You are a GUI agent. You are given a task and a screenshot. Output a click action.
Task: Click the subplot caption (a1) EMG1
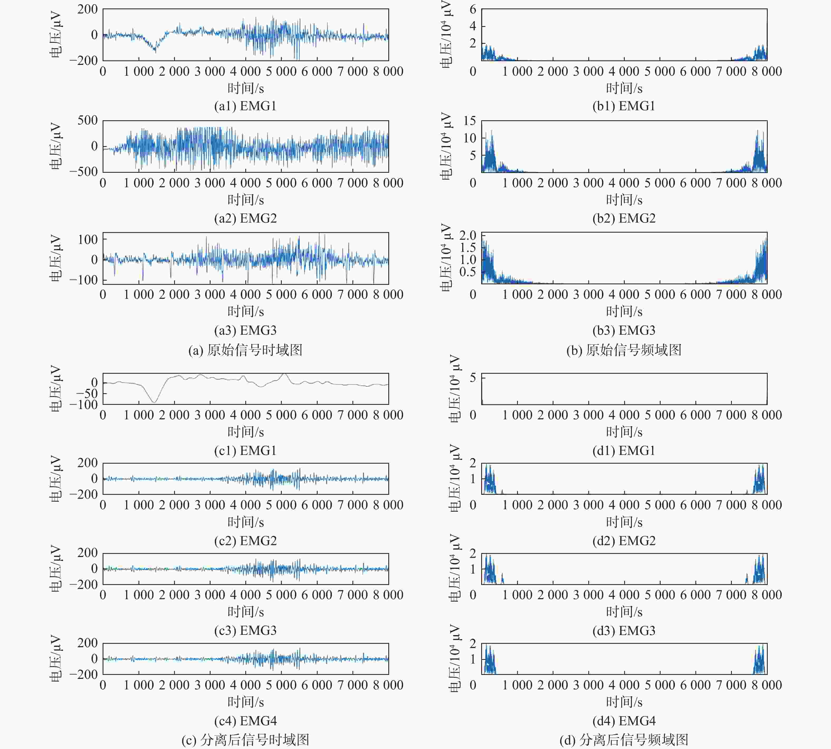245,106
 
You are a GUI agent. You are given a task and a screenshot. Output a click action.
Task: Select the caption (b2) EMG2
624,218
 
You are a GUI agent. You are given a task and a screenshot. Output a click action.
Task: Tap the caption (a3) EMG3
245,330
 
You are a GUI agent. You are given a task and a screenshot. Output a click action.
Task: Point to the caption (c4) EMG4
245,721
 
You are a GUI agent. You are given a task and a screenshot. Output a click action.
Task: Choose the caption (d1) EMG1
624,451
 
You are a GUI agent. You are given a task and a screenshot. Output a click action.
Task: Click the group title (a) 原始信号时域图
245,350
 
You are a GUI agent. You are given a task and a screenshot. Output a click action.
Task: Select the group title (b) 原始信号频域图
624,350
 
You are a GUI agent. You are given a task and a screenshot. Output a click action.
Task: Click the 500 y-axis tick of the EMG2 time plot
88,121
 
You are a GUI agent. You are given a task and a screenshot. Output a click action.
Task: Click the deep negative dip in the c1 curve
154,402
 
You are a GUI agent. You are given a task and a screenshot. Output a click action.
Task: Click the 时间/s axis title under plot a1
246,88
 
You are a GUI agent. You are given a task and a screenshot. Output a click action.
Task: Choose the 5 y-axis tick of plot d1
473,377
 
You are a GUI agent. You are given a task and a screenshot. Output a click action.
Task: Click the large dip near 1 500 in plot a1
155,50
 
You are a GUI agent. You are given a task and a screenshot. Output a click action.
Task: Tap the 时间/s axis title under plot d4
624,702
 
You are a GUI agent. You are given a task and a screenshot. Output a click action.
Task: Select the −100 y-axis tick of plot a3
84,280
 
